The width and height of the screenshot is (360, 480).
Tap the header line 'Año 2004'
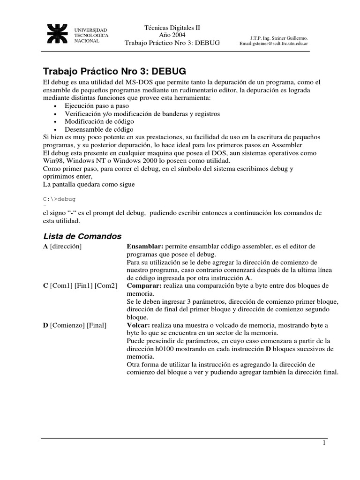click(x=172, y=35)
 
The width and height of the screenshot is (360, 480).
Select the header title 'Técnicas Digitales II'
click(x=172, y=28)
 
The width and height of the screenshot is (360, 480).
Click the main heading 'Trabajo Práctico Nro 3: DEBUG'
click(x=115, y=71)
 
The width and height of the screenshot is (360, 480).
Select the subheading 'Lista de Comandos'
click(x=82, y=236)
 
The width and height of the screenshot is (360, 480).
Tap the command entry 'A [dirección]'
click(x=62, y=247)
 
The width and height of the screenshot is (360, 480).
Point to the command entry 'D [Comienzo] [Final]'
click(x=75, y=324)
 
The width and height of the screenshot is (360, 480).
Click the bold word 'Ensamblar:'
click(x=144, y=247)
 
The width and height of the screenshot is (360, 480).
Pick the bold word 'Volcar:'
click(x=139, y=324)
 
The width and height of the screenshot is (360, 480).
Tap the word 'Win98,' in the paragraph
click(x=53, y=161)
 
